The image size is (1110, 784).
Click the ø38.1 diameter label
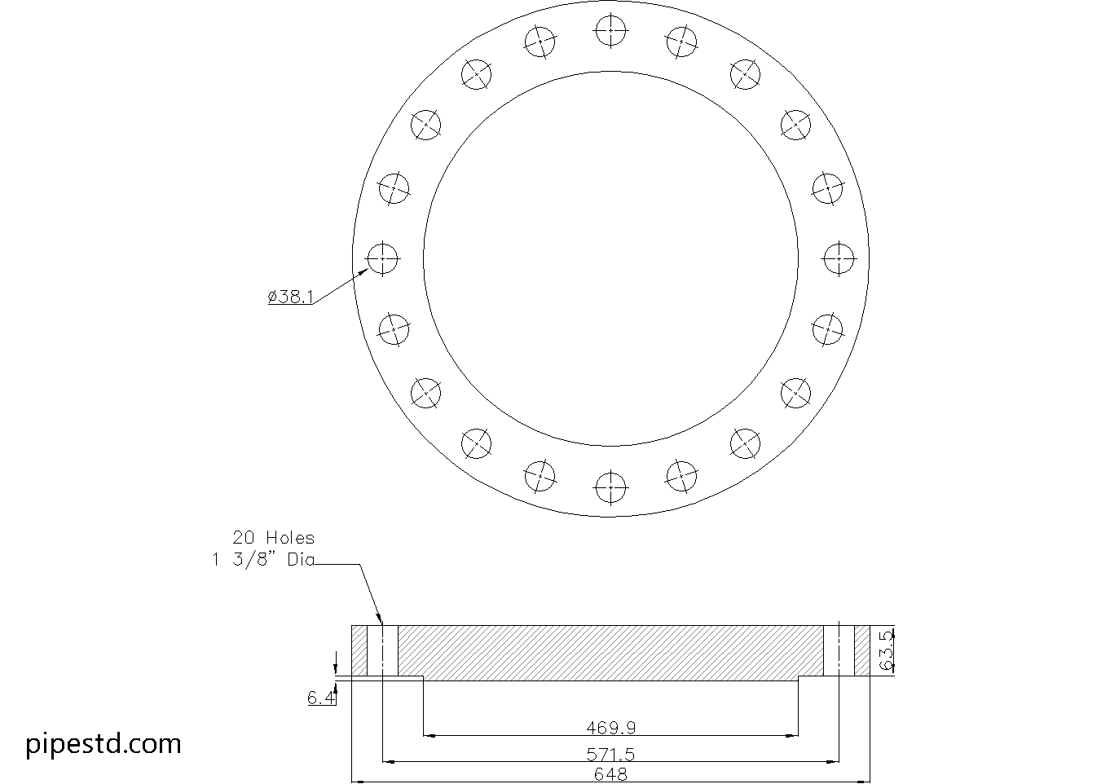point(290,297)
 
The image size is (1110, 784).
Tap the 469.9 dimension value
point(610,727)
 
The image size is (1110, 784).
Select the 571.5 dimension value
point(610,754)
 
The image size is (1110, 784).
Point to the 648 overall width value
point(610,774)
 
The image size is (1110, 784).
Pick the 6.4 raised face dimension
point(321,698)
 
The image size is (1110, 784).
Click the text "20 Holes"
point(273,538)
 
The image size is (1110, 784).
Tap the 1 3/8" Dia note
point(263,561)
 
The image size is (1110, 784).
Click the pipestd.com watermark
point(104,743)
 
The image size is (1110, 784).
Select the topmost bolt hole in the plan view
point(610,31)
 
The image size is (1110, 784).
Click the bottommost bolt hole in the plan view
point(610,487)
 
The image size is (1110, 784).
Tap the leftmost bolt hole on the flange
point(382,259)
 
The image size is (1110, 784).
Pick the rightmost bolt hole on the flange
point(839,259)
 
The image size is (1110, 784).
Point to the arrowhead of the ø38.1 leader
point(363,271)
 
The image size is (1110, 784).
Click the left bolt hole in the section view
point(382,650)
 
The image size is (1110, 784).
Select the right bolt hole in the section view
point(839,650)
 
